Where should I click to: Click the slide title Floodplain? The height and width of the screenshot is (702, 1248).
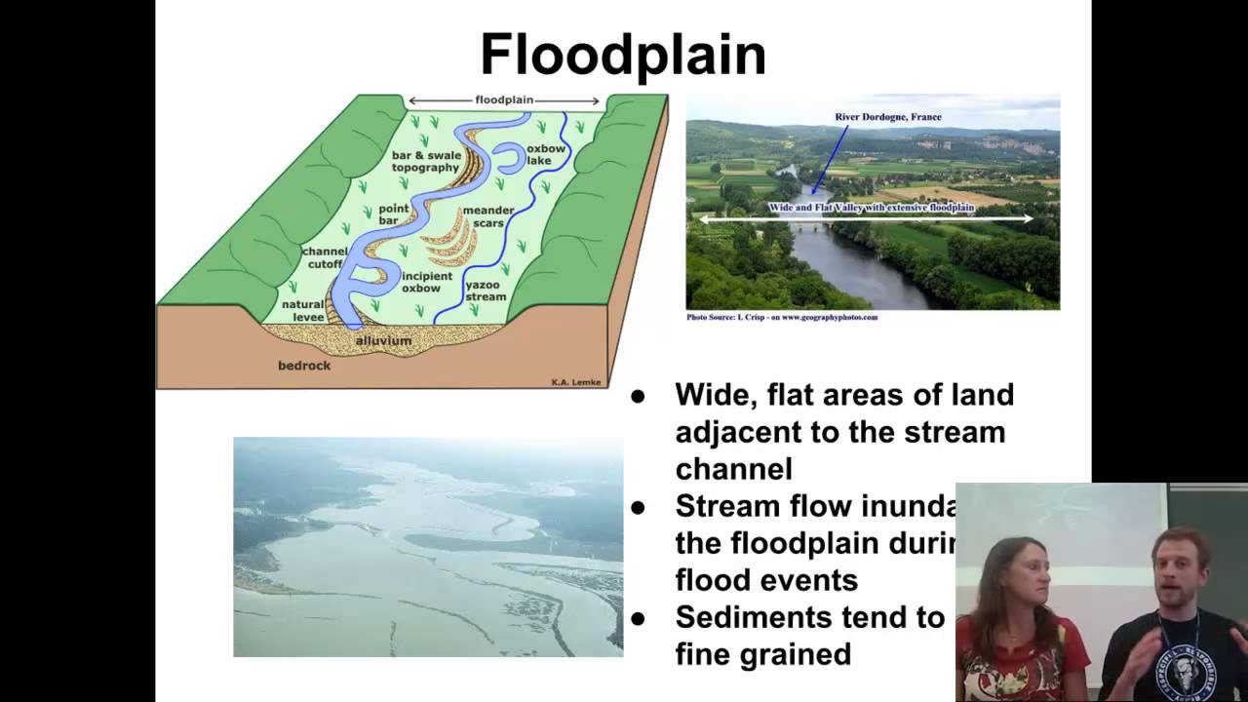(x=623, y=55)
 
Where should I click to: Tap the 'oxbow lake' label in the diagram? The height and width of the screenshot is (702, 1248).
(x=546, y=155)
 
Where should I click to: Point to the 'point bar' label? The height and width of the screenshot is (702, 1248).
(x=394, y=214)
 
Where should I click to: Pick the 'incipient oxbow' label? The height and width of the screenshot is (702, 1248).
(x=427, y=282)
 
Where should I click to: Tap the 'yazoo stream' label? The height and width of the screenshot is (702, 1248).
(x=486, y=291)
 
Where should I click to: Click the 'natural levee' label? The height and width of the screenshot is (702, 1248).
(x=302, y=310)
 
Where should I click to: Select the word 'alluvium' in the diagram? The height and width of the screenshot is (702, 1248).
(x=383, y=341)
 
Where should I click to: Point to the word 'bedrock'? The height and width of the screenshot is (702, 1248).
(x=304, y=366)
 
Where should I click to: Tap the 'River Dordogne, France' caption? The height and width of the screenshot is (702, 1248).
(x=887, y=117)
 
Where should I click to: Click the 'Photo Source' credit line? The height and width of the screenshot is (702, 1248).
(x=782, y=317)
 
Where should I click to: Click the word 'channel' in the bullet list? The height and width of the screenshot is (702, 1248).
(x=733, y=469)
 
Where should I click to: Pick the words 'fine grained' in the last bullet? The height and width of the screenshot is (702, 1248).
(x=762, y=654)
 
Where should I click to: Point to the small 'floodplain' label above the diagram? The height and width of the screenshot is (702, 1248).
(x=504, y=99)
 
